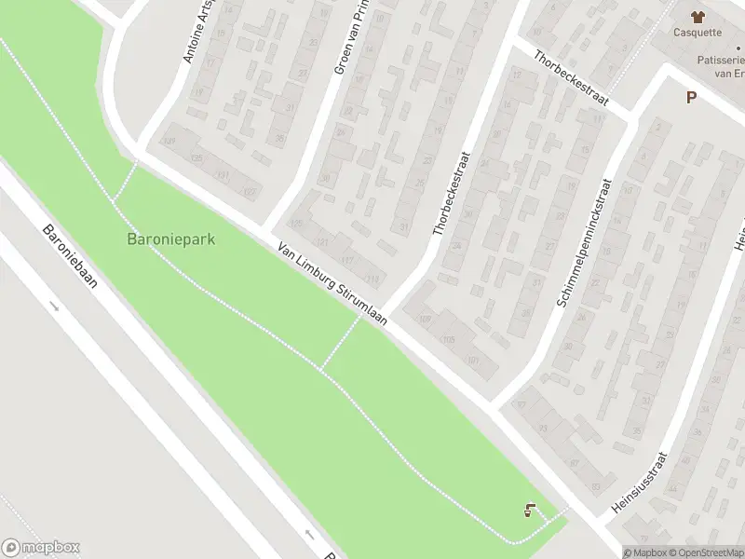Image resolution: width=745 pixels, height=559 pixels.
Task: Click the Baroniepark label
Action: [170, 239]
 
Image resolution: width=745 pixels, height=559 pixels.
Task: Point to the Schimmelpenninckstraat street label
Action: [582, 243]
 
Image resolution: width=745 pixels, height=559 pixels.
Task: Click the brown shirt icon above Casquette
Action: [697, 15]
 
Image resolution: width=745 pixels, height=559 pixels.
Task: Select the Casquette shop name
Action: [698, 32]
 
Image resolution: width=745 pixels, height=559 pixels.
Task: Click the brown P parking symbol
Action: [691, 97]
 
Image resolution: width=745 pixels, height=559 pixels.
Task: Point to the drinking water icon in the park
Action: [529, 510]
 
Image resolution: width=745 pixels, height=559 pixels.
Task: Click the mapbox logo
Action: [41, 548]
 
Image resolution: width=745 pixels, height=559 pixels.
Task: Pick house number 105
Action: [449, 339]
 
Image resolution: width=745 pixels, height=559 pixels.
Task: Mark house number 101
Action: [473, 361]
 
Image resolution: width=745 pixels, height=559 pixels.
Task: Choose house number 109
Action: [426, 319]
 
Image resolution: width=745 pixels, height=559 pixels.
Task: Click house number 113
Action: [375, 279]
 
